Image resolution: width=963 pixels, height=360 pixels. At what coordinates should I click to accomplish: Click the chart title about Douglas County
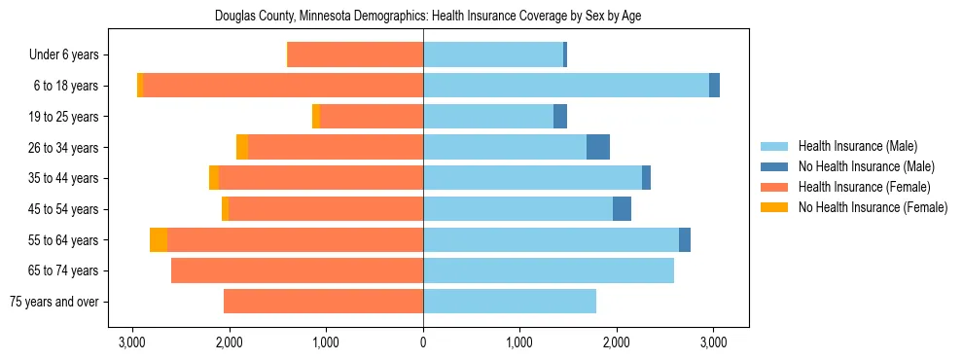(423, 17)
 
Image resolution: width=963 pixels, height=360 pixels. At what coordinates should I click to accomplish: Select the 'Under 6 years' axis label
(70, 55)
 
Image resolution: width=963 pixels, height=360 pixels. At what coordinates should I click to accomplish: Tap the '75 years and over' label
(54, 302)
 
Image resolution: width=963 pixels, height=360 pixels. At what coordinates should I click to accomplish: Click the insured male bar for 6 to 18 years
(566, 86)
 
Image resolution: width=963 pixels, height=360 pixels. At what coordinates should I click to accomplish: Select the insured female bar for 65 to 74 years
(297, 270)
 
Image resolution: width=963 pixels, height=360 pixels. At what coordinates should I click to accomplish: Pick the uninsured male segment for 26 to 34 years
(598, 147)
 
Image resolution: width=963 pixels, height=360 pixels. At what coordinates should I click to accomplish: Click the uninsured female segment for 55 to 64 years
(159, 239)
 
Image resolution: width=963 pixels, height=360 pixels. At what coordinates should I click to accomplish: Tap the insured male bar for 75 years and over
(510, 302)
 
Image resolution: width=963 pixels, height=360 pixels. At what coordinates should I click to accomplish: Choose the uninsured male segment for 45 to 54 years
(622, 209)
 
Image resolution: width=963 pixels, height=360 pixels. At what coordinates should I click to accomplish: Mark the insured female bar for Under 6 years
(355, 55)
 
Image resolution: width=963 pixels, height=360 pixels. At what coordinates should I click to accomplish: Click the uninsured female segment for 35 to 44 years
(214, 178)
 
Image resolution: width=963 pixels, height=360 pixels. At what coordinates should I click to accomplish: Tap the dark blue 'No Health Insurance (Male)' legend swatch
(775, 166)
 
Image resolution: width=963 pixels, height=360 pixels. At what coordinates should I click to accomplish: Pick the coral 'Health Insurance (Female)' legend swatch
(775, 187)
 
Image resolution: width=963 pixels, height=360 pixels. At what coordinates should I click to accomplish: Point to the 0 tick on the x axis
(423, 342)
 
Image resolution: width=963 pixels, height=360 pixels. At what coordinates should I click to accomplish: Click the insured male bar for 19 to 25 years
(488, 117)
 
